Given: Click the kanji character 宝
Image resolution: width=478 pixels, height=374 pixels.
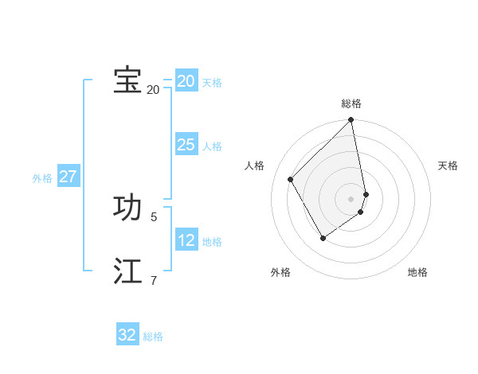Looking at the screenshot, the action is [x=127, y=80].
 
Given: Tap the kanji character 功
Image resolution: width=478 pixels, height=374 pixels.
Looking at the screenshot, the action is [x=127, y=208].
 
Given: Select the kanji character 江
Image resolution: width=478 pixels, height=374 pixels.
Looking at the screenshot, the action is [x=127, y=271].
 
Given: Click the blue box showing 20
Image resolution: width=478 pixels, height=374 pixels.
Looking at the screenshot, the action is [x=186, y=81].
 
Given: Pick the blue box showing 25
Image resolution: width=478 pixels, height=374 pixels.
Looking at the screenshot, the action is [x=186, y=145].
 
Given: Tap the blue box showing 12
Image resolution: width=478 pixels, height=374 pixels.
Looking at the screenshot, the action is [x=186, y=240].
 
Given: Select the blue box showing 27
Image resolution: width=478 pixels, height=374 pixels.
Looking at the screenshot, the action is [x=68, y=177].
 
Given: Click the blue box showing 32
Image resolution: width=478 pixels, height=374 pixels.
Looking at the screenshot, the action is [x=127, y=335].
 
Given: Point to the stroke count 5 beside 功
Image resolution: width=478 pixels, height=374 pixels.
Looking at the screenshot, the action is [x=154, y=216].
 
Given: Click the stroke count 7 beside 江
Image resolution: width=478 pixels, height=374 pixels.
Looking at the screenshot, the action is [x=154, y=279].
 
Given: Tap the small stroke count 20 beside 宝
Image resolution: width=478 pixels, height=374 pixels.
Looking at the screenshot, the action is [x=153, y=89].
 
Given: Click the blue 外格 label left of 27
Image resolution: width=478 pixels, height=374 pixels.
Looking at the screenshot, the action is [x=42, y=178].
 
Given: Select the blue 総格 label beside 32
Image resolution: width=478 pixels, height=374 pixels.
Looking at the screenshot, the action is [x=153, y=337].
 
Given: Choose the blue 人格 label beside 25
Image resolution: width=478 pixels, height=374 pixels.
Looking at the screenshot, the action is [x=212, y=146].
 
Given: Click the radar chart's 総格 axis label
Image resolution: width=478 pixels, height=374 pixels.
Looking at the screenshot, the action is [x=351, y=103].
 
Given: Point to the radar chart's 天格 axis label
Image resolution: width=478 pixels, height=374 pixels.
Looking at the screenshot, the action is [x=448, y=166].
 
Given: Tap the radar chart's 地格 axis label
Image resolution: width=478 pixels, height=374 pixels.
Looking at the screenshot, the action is [x=417, y=272].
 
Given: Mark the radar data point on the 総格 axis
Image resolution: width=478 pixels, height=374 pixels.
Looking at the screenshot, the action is [x=351, y=121].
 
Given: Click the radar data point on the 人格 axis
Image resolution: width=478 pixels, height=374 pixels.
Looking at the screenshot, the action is [x=291, y=179].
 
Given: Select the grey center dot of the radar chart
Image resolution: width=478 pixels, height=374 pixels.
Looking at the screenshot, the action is [x=351, y=199].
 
